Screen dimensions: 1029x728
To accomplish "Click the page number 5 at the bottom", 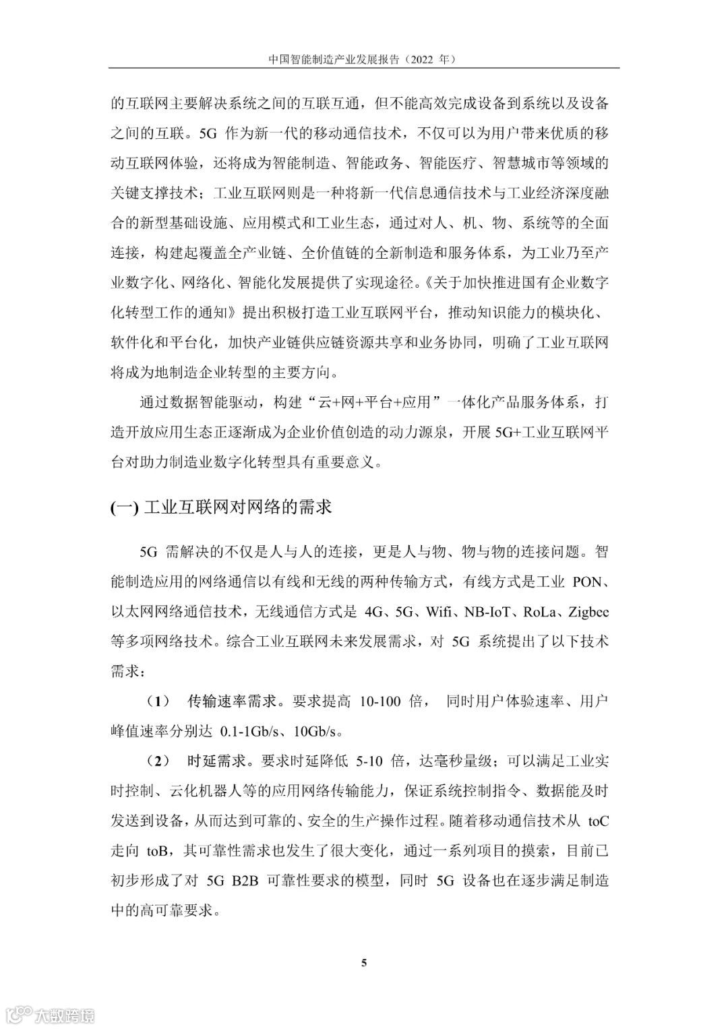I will tap(364, 962).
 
